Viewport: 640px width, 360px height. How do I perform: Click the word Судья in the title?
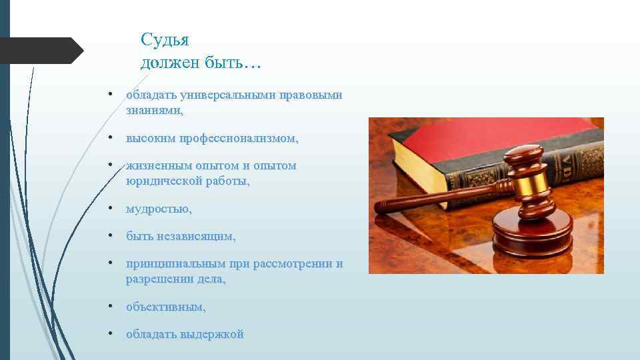point(165,41)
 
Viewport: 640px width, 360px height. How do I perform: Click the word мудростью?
point(159,209)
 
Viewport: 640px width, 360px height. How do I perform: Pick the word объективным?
point(166,307)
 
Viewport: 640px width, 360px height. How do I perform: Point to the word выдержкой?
point(212,334)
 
